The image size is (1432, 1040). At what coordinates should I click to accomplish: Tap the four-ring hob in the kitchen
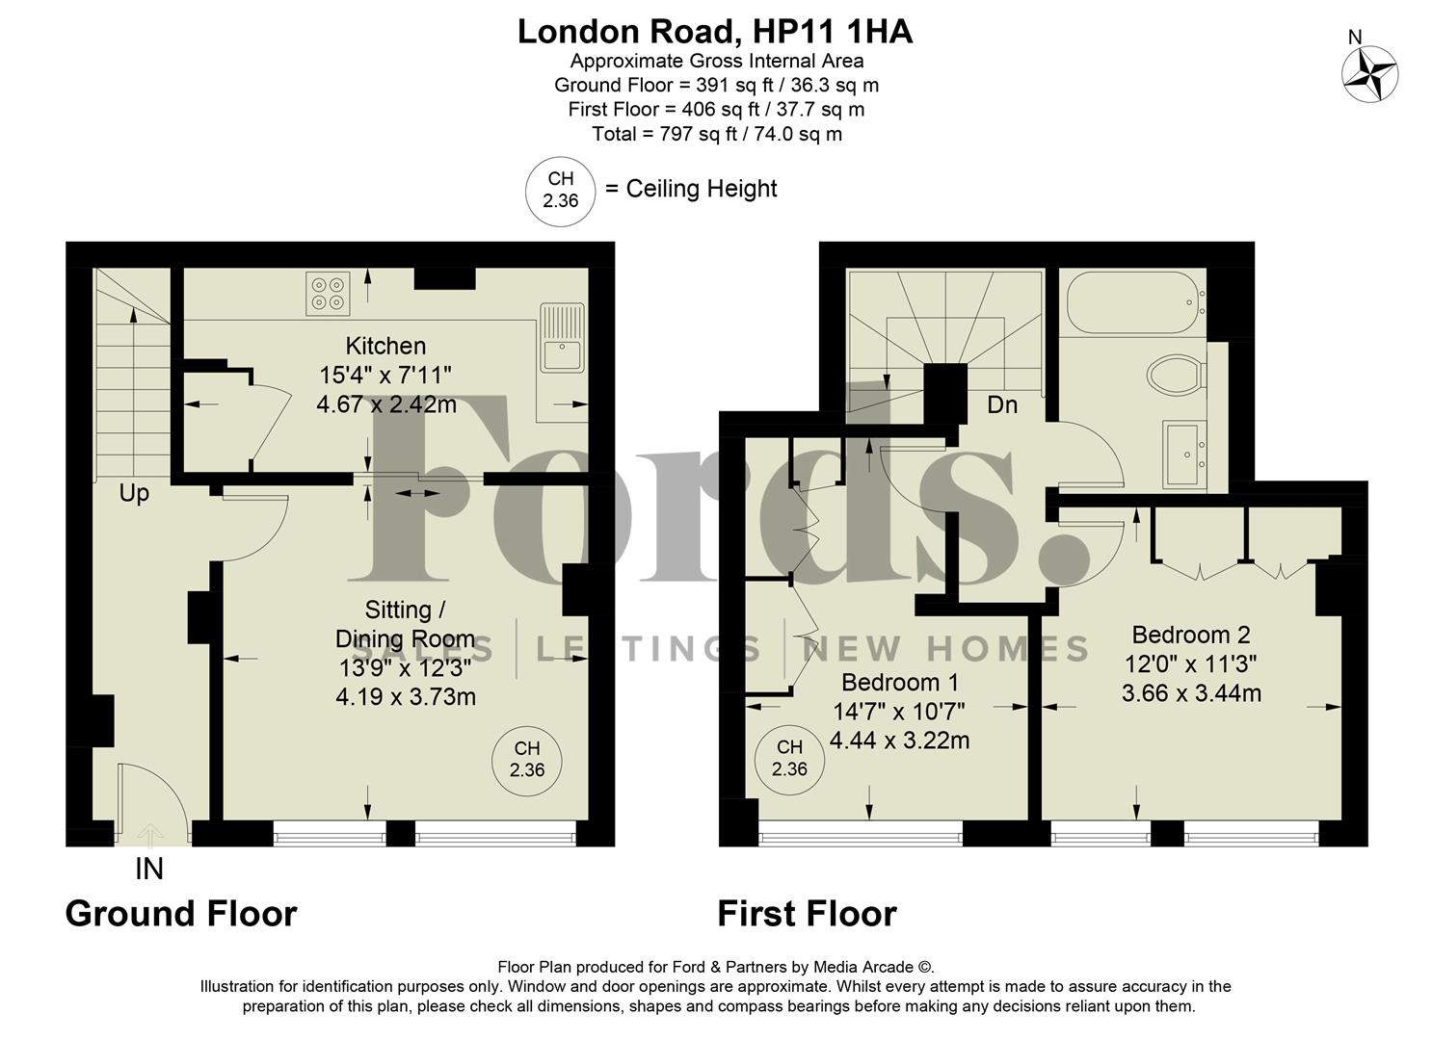click(x=327, y=293)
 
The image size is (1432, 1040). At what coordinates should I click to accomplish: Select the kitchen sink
click(x=562, y=338)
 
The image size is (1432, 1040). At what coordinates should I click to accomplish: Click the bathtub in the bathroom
click(x=1133, y=302)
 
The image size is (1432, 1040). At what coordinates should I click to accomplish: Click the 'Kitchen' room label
click(x=385, y=346)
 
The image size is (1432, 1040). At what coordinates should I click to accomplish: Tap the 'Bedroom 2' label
click(x=1191, y=635)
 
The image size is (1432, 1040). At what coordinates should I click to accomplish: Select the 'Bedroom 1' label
click(x=900, y=683)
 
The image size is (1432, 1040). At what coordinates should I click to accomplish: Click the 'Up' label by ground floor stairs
click(x=134, y=493)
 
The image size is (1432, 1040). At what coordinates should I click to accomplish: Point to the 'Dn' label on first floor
click(x=1002, y=404)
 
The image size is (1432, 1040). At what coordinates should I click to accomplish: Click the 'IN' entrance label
click(x=148, y=870)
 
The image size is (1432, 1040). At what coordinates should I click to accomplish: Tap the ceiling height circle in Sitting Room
click(x=527, y=759)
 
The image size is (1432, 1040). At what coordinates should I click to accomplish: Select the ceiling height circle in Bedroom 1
click(x=789, y=758)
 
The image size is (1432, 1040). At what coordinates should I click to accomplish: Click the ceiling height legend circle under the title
click(x=560, y=190)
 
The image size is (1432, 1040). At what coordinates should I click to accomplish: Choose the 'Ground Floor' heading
click(x=181, y=913)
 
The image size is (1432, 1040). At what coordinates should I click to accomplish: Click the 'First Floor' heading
click(x=807, y=913)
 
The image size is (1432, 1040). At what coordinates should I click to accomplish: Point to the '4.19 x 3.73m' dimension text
click(x=406, y=696)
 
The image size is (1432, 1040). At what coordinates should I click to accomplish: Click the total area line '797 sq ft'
click(x=716, y=134)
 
